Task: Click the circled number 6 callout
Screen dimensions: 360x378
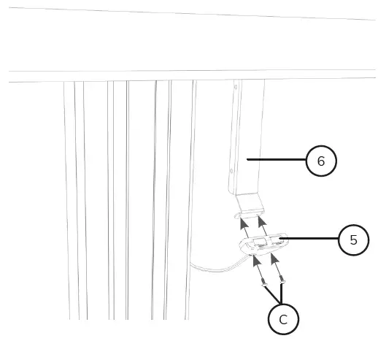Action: click(321, 161)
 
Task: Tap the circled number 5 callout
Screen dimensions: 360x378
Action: click(354, 240)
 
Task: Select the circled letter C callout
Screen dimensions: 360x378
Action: click(283, 319)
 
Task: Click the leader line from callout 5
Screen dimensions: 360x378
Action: click(310, 239)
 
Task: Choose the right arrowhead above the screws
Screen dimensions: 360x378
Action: click(274, 258)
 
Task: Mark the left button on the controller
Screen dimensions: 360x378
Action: click(256, 241)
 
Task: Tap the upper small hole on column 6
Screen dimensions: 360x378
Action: click(236, 87)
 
